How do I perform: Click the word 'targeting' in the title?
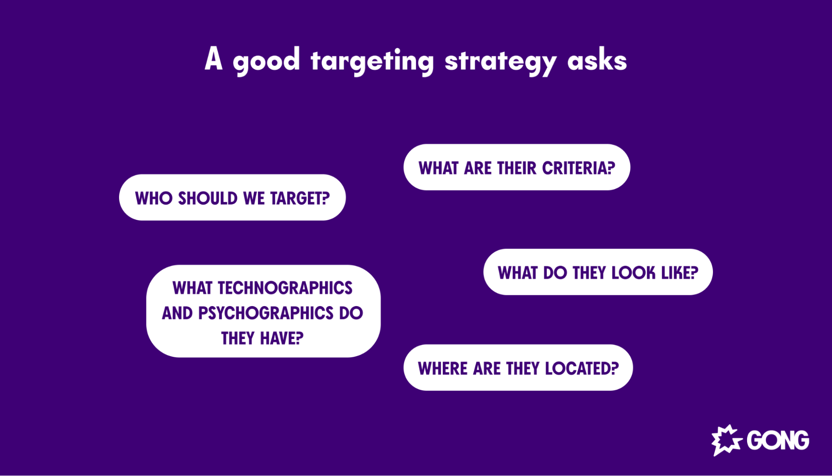[x=372, y=61]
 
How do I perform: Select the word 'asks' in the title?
[x=597, y=61]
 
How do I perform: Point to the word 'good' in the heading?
[x=266, y=61]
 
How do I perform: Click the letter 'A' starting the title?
[x=213, y=59]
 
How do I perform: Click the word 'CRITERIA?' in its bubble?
[x=578, y=168]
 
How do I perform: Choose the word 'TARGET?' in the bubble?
[x=300, y=198]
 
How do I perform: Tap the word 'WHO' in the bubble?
[x=154, y=198]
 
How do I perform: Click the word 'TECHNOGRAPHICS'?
[x=285, y=288]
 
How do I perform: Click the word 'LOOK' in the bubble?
[x=633, y=273]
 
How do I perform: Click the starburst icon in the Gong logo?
[x=726, y=440]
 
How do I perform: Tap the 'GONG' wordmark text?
[x=777, y=440]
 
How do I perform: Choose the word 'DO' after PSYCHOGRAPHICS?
[x=351, y=313]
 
